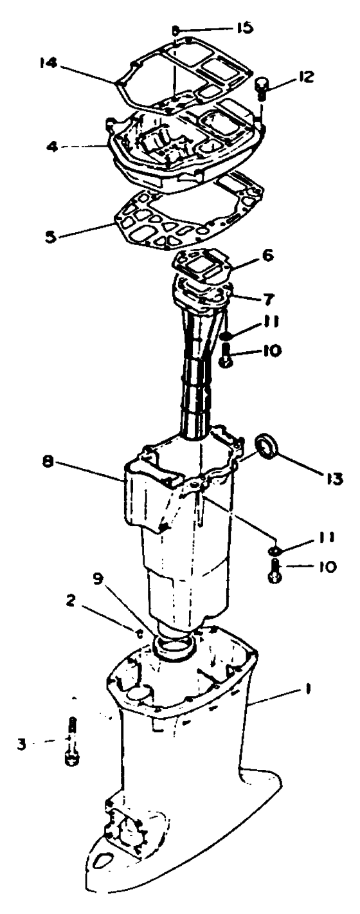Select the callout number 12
(303, 77)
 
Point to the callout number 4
(53, 147)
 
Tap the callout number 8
(48, 465)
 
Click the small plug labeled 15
(176, 30)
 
